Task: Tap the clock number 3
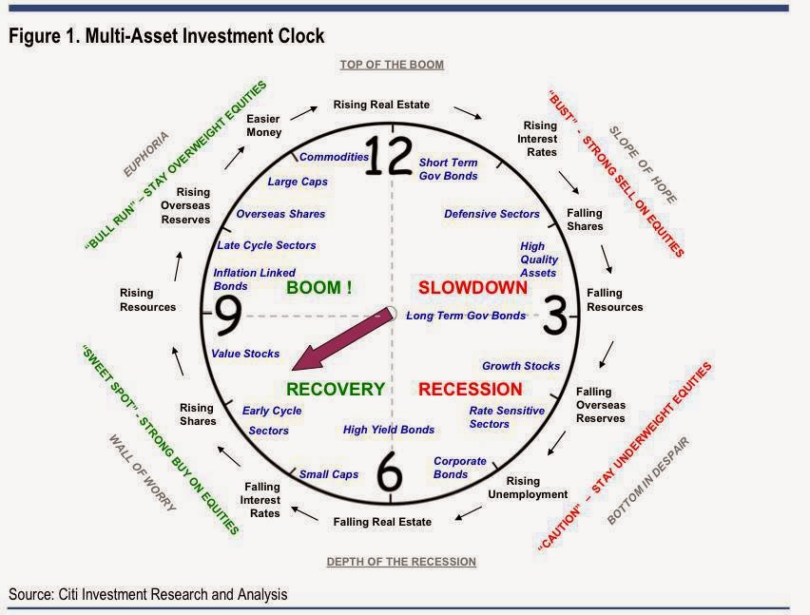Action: point(555,315)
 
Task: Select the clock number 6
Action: point(391,471)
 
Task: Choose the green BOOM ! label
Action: point(319,287)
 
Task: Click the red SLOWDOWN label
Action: point(472,287)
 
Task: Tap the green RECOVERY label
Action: point(335,389)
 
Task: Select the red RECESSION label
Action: point(470,389)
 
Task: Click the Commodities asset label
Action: point(334,157)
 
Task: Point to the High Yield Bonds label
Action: point(389,430)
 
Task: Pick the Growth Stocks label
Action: point(521,366)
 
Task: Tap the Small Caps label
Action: point(329,474)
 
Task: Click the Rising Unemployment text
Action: point(528,488)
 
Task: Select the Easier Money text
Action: point(263,125)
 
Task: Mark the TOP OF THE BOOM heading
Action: point(392,65)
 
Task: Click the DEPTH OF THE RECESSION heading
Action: point(401,562)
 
